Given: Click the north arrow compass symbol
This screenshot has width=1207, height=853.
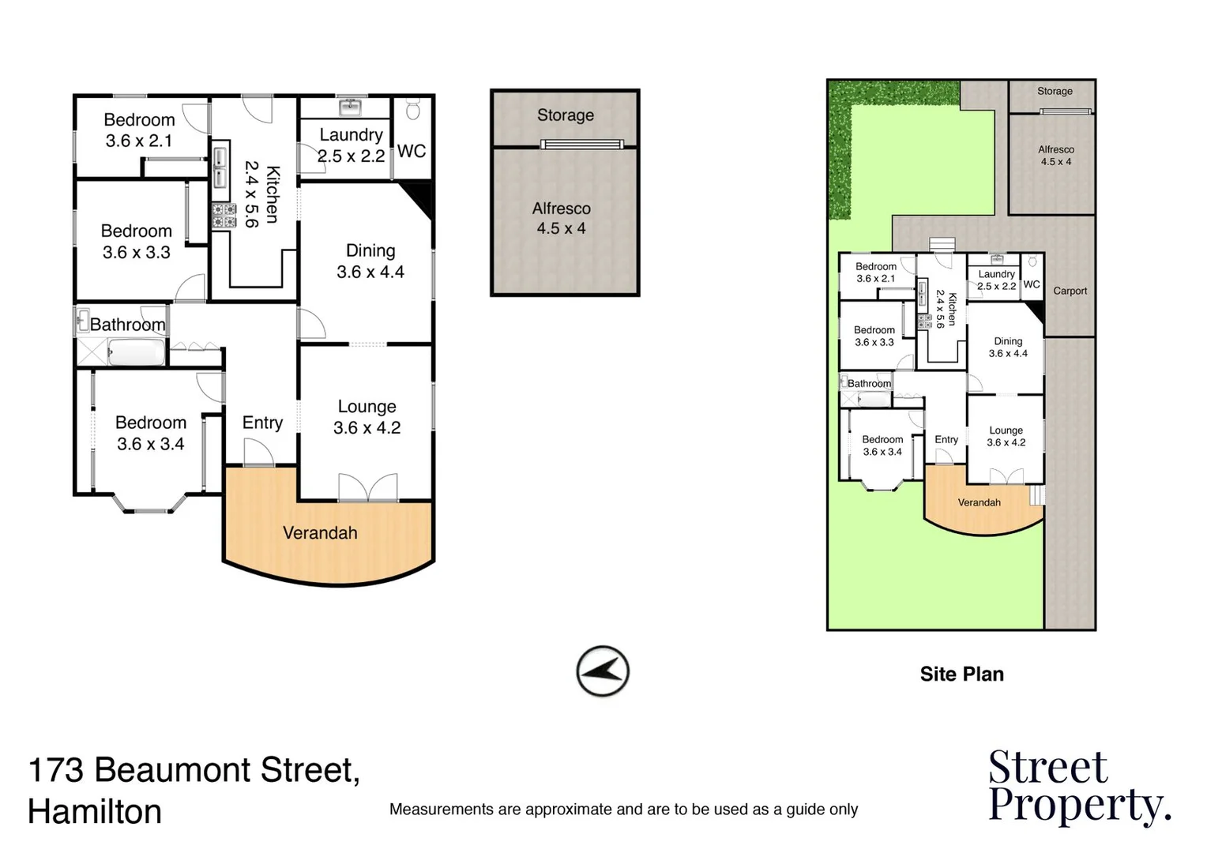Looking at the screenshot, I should (x=603, y=672).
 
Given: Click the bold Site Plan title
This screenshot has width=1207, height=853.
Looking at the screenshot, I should (x=961, y=674).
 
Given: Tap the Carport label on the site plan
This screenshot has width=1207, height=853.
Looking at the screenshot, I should (x=1070, y=291).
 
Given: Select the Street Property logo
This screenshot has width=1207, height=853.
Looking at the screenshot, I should (x=1078, y=787).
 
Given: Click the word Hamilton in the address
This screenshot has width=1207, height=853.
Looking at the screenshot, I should (x=95, y=811).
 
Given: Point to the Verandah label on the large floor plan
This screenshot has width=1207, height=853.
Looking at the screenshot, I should (x=320, y=533).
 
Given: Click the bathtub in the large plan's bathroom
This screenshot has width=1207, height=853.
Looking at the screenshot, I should (x=136, y=352).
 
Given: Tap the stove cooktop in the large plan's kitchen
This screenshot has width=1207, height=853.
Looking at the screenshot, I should (x=224, y=216).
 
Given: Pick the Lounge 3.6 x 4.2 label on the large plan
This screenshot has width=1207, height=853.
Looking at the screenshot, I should (x=367, y=417).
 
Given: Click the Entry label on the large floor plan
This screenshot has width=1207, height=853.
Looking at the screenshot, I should (x=262, y=423).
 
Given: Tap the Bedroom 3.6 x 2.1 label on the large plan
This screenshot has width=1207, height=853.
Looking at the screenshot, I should (x=139, y=130).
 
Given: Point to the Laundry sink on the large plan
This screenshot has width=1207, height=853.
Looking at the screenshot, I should (x=349, y=107).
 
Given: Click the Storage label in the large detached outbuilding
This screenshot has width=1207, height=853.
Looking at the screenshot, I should (x=565, y=115).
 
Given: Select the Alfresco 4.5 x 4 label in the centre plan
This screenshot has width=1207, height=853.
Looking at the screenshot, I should (x=561, y=218).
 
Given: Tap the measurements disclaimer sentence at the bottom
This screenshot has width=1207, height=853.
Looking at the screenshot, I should (x=623, y=810).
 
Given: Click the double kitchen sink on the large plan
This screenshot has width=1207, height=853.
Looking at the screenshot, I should (x=220, y=167).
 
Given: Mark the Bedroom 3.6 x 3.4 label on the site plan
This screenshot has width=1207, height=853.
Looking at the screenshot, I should (x=882, y=445).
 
